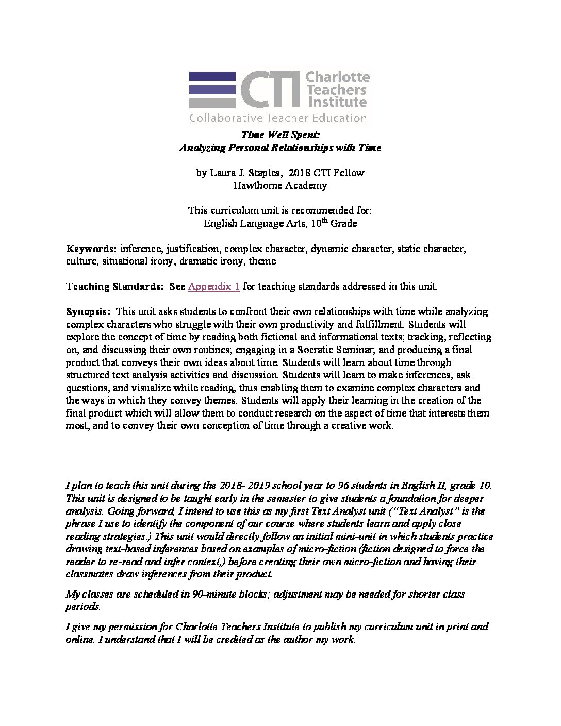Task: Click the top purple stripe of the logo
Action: pos(212,76)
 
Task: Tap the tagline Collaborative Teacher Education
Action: pos(277,118)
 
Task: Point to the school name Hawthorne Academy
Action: pos(280,186)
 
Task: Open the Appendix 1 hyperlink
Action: pos(213,287)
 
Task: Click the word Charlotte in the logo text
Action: pos(338,77)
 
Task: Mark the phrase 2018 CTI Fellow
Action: pos(326,173)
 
